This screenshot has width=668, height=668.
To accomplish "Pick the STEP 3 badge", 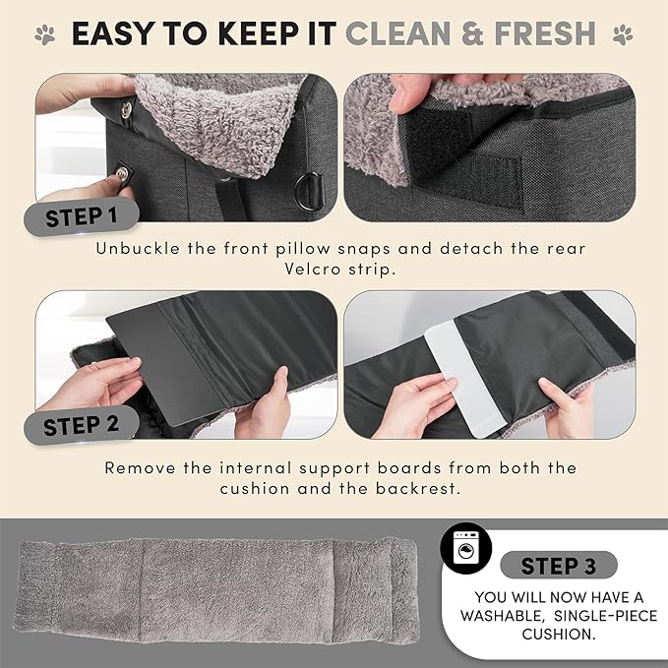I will pyautogui.click(x=558, y=566).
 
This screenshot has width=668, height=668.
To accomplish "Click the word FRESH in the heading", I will pyautogui.click(x=540, y=34).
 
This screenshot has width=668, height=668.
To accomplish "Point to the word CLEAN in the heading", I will pyautogui.click(x=407, y=34).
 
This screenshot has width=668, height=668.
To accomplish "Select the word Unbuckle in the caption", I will pyautogui.click(x=137, y=248).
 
